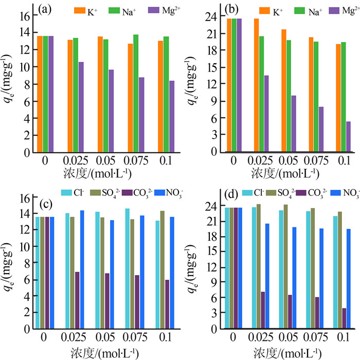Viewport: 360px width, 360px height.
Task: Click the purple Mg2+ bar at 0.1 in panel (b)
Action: pyautogui.click(x=348, y=137)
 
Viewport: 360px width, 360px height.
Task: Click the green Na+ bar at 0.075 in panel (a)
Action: pyautogui.click(x=136, y=94)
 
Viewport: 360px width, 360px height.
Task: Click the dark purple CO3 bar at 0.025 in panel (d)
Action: pyautogui.click(x=263, y=310)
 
